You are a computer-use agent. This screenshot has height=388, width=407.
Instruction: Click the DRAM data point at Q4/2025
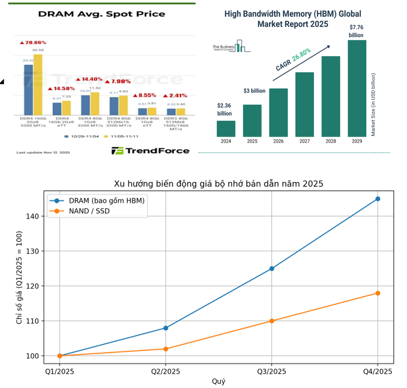(x=378, y=199)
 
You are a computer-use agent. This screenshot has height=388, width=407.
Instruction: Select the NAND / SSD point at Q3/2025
(x=272, y=321)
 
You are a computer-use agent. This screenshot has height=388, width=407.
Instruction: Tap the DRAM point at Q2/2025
(x=166, y=327)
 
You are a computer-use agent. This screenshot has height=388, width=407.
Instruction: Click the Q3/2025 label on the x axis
(x=272, y=371)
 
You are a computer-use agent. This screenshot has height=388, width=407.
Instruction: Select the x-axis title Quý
(x=219, y=381)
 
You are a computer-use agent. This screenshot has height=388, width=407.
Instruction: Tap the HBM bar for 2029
(x=357, y=88)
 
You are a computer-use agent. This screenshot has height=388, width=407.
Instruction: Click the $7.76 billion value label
(x=356, y=31)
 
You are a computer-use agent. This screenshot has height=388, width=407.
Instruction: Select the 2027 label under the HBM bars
(x=304, y=141)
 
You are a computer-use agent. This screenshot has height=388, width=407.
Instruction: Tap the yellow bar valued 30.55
(x=38, y=85)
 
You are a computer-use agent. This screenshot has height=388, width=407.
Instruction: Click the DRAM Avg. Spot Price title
(x=102, y=14)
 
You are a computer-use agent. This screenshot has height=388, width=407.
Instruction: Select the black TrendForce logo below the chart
(x=150, y=150)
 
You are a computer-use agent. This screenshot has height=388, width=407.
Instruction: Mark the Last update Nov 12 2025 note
(x=43, y=152)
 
